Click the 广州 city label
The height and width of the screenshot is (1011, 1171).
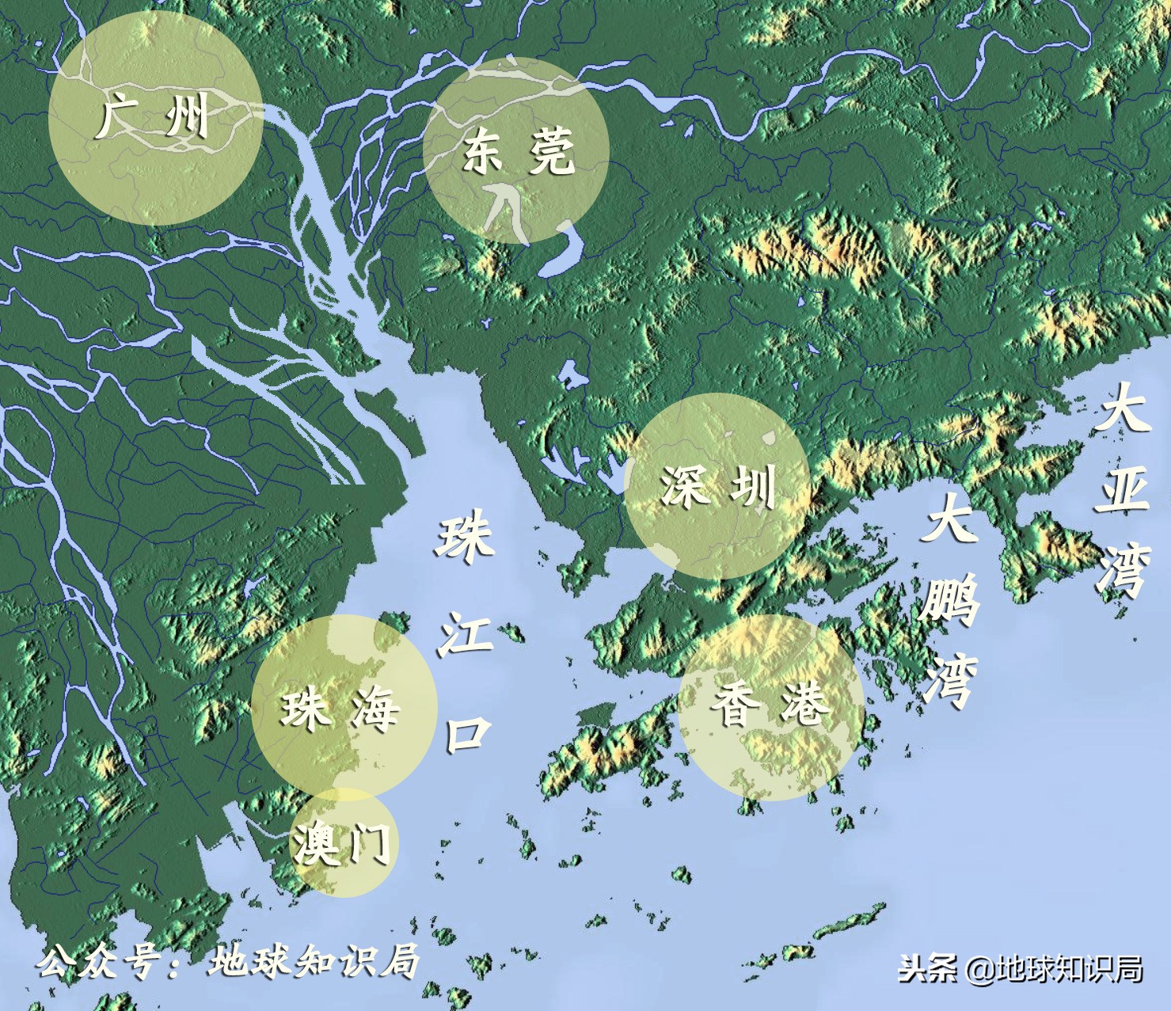point(152,116)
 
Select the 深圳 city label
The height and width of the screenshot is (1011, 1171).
point(717,486)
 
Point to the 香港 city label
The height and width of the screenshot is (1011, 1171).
point(770,704)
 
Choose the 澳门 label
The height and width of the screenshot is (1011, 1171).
point(342,842)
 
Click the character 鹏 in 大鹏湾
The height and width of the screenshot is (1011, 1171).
point(949,602)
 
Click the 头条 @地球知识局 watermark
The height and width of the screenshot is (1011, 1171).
point(1021,968)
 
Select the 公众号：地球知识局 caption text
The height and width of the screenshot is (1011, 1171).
point(228,962)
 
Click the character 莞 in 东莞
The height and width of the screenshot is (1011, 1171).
point(552,151)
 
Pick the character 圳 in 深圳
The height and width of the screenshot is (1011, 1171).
point(751,486)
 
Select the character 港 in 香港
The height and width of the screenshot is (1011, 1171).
point(804,704)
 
